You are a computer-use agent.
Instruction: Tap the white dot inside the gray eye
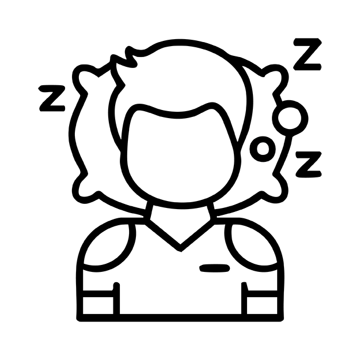point(263,148)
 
